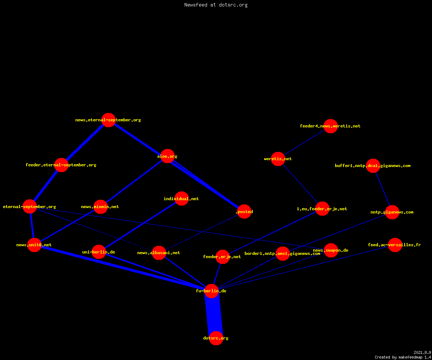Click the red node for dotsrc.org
(x=216, y=338)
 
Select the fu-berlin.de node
(x=211, y=291)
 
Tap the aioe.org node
(x=167, y=156)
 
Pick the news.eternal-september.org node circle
(x=108, y=120)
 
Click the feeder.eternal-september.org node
(x=61, y=165)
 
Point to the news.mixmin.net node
(x=100, y=207)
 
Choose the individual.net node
(x=181, y=198)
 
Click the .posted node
(x=244, y=211)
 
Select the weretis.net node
(x=278, y=159)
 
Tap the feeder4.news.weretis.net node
(x=330, y=126)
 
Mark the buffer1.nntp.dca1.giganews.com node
(x=373, y=166)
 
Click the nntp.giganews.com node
(x=392, y=212)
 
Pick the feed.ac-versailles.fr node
(x=395, y=245)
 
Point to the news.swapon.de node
(x=331, y=250)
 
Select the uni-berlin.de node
(x=99, y=252)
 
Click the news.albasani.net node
(x=159, y=253)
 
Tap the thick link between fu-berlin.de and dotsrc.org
(x=214, y=315)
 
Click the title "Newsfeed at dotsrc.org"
(x=216, y=5)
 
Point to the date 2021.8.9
(x=422, y=352)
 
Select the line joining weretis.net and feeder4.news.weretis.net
(x=304, y=142)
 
